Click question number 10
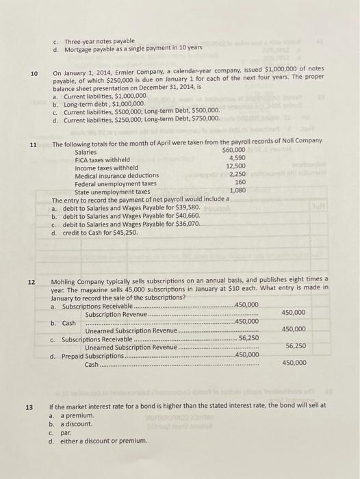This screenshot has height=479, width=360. click(34, 74)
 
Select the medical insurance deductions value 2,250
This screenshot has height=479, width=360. click(237, 174)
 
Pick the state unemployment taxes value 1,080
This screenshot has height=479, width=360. click(237, 190)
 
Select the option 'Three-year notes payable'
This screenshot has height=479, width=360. click(99, 40)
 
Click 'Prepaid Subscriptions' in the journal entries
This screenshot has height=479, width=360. click(92, 355)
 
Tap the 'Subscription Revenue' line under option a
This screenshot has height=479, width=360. click(110, 313)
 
